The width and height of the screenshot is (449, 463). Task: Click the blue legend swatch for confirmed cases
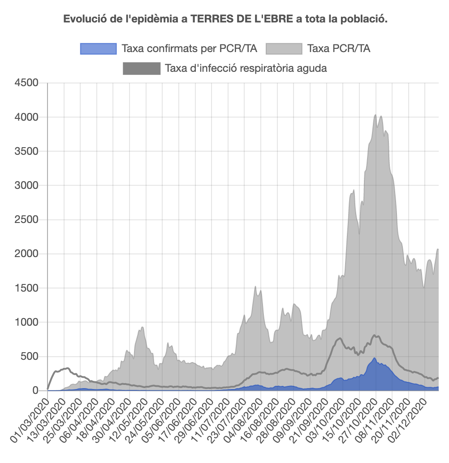point(98,48)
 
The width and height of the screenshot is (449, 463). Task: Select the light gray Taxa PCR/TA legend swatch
point(284,48)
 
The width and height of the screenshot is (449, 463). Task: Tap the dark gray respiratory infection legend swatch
point(141,69)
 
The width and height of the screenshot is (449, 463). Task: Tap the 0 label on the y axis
point(36,391)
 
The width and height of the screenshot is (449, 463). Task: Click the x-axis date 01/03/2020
point(29,417)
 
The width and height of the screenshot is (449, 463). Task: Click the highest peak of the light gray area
point(375,115)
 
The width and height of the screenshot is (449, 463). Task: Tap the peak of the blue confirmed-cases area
point(374,358)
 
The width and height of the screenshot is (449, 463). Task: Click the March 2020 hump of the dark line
point(67,368)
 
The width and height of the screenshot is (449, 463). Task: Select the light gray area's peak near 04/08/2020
point(255,287)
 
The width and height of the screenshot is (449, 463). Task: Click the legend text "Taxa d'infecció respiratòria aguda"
point(246,69)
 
